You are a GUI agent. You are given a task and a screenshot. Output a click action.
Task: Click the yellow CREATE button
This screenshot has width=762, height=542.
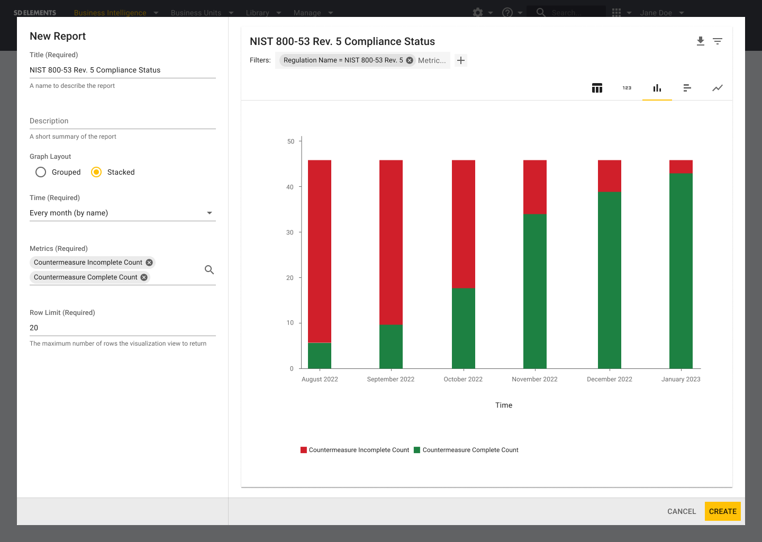[x=722, y=511]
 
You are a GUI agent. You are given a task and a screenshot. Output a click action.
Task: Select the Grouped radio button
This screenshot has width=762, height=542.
[x=41, y=172]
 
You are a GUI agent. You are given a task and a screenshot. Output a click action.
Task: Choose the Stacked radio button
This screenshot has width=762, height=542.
[x=96, y=172]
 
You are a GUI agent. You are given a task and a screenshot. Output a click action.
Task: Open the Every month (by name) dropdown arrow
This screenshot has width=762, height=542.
[x=210, y=213]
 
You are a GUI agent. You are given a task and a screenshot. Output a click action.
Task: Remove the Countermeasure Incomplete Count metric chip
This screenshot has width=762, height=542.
[x=149, y=263]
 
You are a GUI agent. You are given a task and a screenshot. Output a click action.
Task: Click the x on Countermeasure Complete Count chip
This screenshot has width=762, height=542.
[x=144, y=277]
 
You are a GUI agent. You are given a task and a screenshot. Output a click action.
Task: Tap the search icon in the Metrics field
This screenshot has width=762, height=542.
[x=210, y=270]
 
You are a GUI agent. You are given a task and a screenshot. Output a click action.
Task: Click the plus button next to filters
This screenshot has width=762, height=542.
[x=461, y=60]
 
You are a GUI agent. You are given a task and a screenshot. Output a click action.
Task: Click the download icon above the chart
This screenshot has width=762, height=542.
[x=701, y=41]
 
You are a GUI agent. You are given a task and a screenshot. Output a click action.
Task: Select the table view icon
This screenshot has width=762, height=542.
[x=597, y=88]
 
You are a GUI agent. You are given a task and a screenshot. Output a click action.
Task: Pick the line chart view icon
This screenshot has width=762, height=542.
[x=717, y=88]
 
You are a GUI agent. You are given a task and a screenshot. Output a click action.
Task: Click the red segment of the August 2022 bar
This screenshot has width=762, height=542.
[x=320, y=251]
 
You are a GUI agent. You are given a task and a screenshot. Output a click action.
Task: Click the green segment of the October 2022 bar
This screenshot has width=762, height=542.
[x=464, y=328]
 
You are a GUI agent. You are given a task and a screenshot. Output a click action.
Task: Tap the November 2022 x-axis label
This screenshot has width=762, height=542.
[x=534, y=379]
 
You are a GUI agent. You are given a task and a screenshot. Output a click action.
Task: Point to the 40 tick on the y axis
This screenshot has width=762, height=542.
[x=290, y=187]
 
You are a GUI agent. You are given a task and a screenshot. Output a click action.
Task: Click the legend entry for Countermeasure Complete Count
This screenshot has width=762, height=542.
[x=470, y=450]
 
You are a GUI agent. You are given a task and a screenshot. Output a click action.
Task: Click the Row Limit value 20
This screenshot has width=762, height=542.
[x=34, y=328]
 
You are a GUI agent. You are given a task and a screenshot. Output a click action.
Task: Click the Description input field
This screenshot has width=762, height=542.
[x=123, y=121]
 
